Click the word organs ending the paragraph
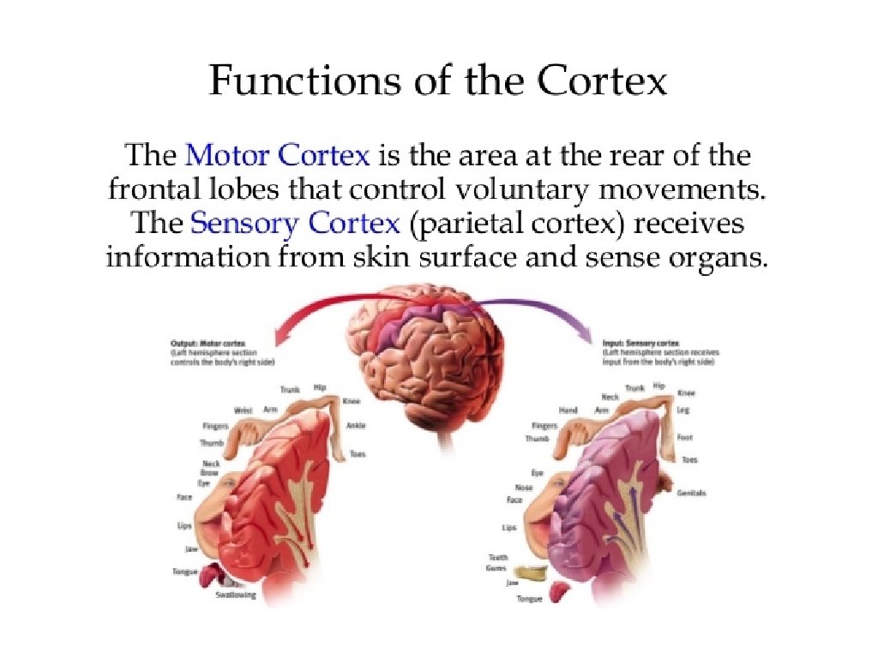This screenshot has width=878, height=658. tap(719, 258)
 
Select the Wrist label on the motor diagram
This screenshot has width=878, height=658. tap(243, 410)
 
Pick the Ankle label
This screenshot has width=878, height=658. tap(356, 426)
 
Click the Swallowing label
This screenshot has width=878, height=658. tap(236, 595)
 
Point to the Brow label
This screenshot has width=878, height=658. tap(210, 473)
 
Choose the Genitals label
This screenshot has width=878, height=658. tap(691, 493)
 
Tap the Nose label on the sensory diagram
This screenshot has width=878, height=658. tap(524, 487)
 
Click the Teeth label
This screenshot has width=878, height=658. tap(499, 558)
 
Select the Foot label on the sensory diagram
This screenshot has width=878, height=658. tap(684, 437)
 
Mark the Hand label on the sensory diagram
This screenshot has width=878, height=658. tap(568, 410)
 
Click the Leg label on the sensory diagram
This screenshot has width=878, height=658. tap(683, 410)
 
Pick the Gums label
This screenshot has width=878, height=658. tap(496, 568)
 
